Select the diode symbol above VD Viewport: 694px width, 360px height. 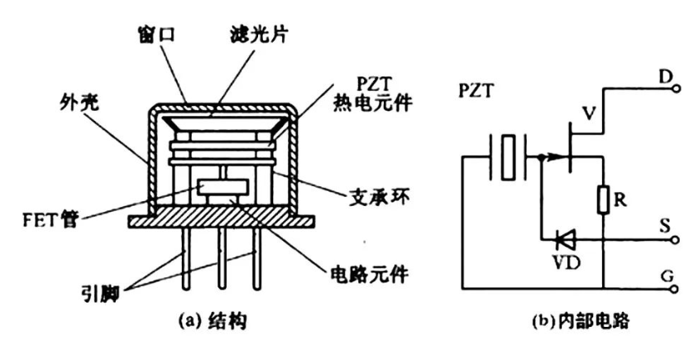[x=567, y=241]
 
